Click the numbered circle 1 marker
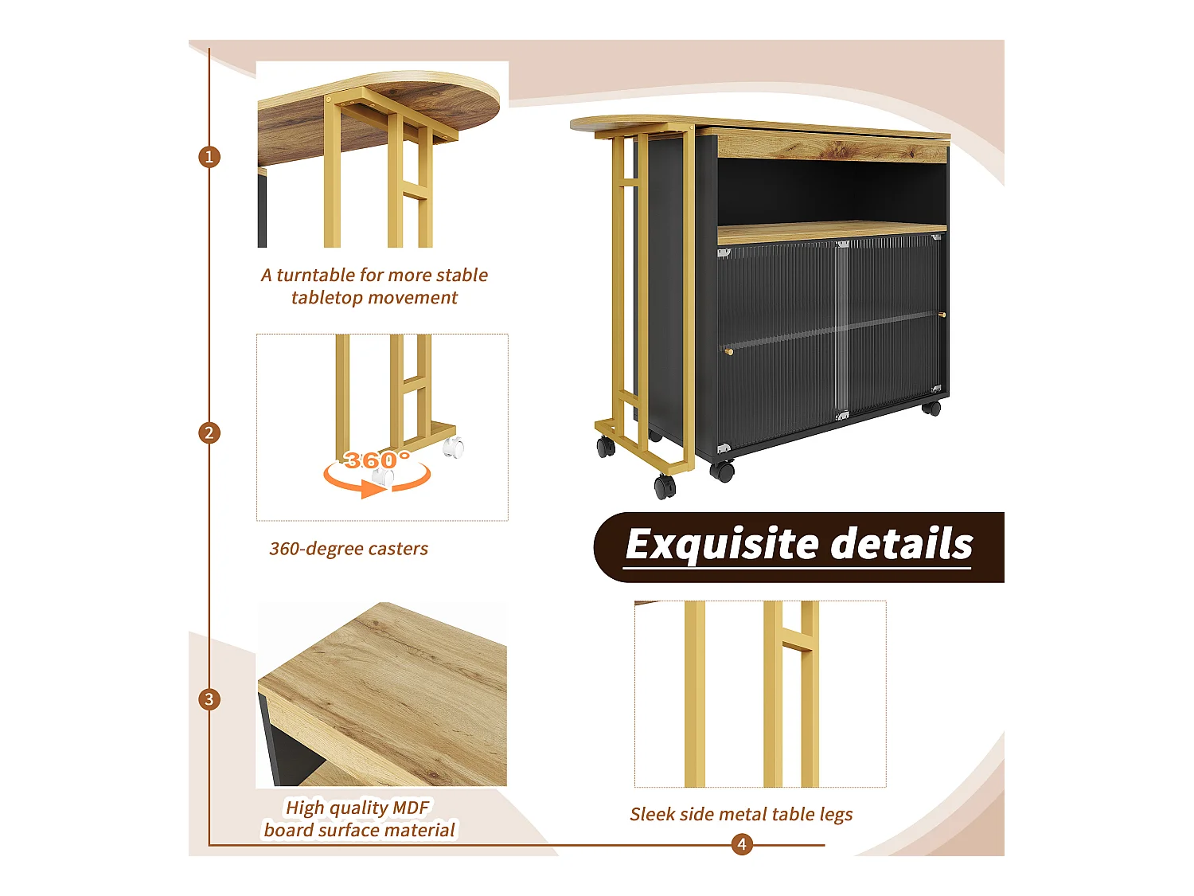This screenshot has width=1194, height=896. [x=209, y=157]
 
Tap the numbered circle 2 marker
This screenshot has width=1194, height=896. [x=209, y=433]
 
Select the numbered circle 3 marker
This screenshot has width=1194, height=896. [x=209, y=699]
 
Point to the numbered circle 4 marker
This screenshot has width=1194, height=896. [x=742, y=844]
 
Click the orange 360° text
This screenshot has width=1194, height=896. [x=377, y=460]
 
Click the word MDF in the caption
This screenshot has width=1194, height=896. [x=411, y=808]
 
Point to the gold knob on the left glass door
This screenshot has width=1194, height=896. [x=729, y=350]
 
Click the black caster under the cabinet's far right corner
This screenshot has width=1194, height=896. [x=931, y=409]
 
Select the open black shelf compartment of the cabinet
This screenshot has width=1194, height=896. [x=832, y=191]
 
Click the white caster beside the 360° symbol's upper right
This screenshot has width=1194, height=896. [x=454, y=448]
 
